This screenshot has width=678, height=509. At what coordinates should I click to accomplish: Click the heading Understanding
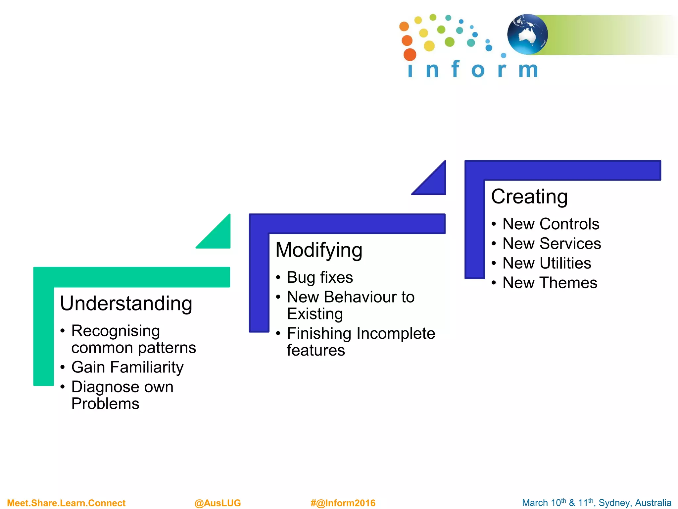[x=126, y=304]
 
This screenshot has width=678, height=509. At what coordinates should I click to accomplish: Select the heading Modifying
[x=318, y=250]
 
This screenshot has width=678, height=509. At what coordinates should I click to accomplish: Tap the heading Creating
[x=529, y=197]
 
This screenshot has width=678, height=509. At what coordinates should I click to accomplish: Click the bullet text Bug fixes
[x=319, y=277]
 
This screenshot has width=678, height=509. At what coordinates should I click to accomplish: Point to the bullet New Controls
[x=551, y=224]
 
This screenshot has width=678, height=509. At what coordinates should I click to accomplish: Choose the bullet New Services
[x=552, y=244]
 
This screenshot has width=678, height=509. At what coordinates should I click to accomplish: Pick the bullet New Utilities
[x=547, y=263]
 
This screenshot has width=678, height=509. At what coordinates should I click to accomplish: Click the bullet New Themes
[x=550, y=283]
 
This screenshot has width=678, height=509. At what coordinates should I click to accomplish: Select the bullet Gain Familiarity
[x=127, y=367]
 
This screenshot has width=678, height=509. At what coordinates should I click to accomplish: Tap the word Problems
[x=105, y=404]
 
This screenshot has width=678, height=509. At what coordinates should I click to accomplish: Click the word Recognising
[x=116, y=331]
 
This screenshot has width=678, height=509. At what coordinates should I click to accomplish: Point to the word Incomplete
[x=396, y=333]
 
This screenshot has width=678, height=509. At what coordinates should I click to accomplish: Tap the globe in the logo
[x=527, y=34]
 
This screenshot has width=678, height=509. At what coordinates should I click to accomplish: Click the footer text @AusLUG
[x=218, y=503]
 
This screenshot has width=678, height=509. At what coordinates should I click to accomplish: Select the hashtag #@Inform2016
[x=343, y=503]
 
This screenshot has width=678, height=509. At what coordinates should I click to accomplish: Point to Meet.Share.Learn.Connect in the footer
[x=66, y=503]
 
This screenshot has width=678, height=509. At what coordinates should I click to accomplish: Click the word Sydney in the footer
[x=613, y=503]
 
